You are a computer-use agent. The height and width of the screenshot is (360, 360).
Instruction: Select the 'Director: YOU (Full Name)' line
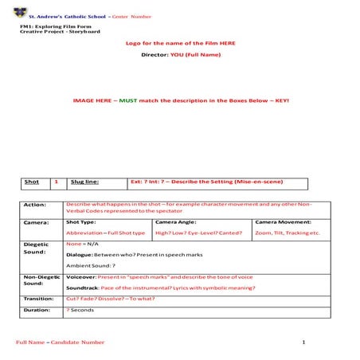(x=180, y=54)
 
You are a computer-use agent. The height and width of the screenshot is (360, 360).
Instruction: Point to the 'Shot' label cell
(x=32, y=182)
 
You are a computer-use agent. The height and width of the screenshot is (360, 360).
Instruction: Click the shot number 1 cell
(x=56, y=182)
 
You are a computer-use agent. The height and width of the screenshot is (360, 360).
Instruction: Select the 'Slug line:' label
(x=84, y=182)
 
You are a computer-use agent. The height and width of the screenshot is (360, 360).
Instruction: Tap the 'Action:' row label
(x=35, y=205)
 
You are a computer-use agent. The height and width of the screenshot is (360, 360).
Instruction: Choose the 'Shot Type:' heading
(x=81, y=222)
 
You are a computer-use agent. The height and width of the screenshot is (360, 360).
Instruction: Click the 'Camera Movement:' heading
(x=283, y=222)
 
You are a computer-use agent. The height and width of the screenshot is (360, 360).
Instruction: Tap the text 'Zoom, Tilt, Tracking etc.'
(x=287, y=233)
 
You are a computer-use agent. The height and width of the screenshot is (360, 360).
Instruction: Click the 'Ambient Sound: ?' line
(x=91, y=264)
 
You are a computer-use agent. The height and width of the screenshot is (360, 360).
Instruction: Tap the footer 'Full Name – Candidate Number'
(x=61, y=342)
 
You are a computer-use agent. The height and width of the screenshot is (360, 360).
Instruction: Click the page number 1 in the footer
(x=303, y=342)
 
